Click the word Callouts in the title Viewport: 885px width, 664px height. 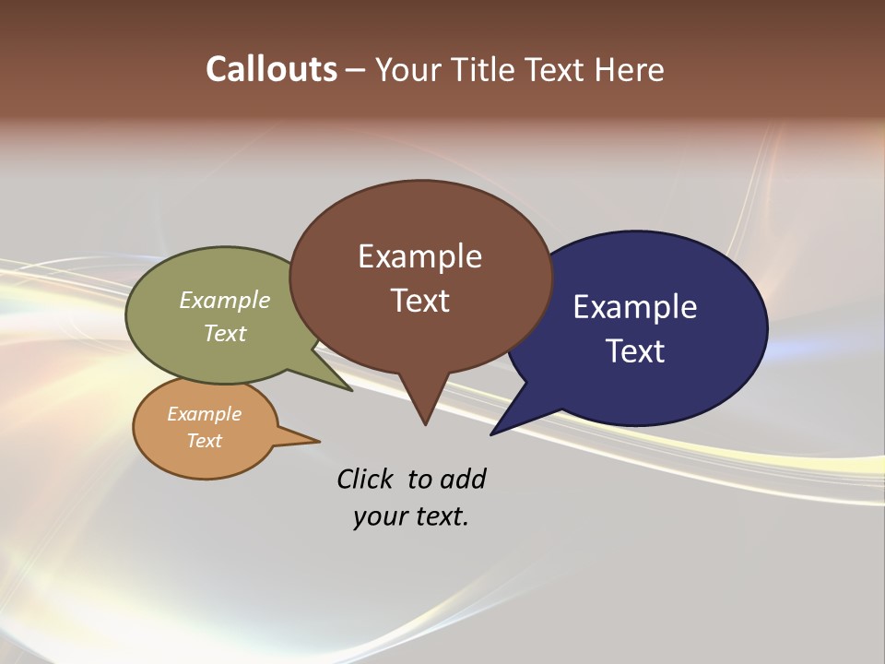coord(271,69)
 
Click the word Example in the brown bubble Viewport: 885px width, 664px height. coord(419,255)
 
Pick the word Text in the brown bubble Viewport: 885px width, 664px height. coord(419,301)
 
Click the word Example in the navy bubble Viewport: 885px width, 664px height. coord(635,306)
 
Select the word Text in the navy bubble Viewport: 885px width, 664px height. coord(635,351)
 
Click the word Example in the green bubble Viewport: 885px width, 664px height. coord(224,300)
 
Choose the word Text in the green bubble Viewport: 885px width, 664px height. coord(224,333)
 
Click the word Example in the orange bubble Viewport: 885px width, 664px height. coord(204,414)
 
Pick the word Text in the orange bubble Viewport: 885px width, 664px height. coord(204,441)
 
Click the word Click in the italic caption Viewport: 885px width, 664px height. coord(366,479)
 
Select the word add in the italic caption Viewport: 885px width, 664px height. coord(463,479)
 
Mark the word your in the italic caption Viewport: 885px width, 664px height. coord(379,516)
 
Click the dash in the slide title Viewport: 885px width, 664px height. coord(356,70)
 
